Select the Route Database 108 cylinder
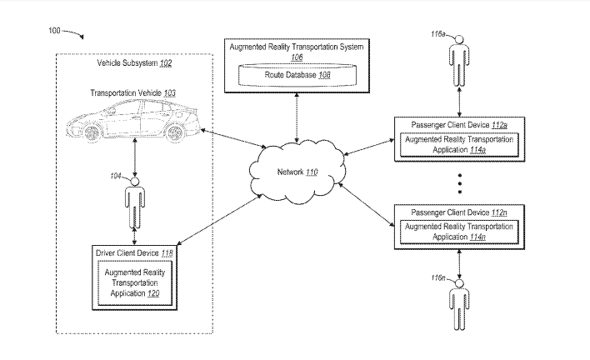pos(297,76)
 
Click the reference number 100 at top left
pos(54,31)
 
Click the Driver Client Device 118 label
pos(133,252)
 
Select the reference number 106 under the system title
pos(297,58)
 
